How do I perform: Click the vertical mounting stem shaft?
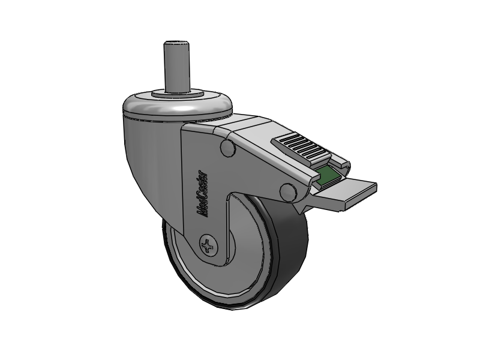[175, 66]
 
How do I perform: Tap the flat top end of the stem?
[175, 43]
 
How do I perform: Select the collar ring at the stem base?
[178, 94]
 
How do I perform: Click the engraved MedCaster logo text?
[202, 194]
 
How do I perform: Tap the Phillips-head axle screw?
[209, 245]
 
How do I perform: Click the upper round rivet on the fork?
[228, 148]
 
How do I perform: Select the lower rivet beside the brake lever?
[289, 192]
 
